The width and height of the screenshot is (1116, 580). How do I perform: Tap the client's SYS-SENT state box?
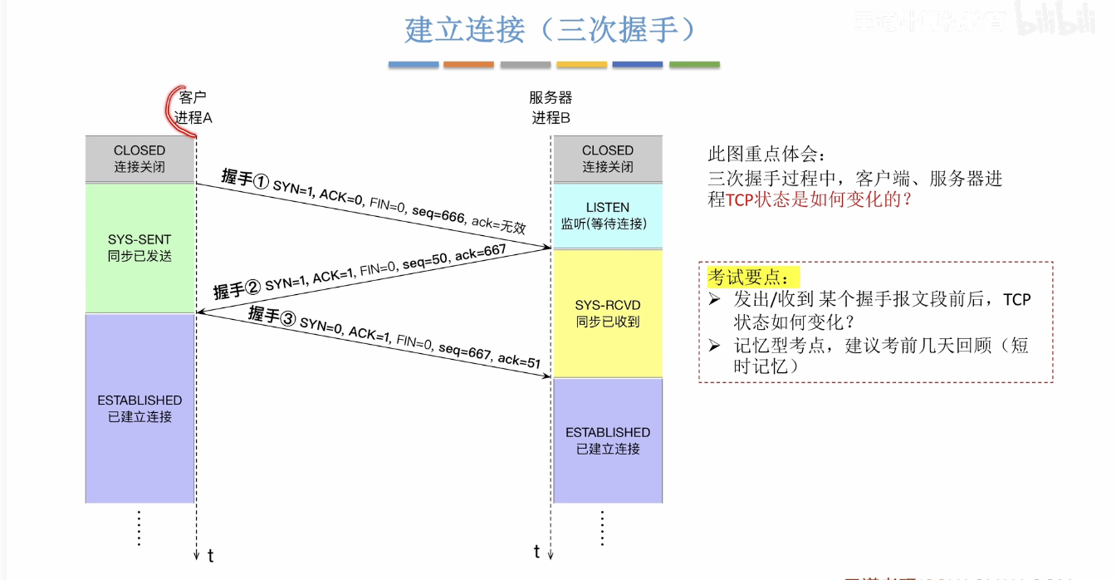pos(139,248)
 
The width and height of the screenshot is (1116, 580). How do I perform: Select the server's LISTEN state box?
pos(607,215)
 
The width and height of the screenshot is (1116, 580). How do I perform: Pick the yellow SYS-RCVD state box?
pos(607,313)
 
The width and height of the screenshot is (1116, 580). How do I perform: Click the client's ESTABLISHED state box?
pos(139,408)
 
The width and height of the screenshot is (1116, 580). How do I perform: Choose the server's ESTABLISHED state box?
pos(607,440)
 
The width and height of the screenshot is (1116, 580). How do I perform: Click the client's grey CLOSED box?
pos(139,158)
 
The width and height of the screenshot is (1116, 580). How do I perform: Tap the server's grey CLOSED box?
pos(607,158)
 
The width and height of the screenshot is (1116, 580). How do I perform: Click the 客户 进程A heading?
pos(193,107)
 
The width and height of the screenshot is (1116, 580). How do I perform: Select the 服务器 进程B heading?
pos(551,107)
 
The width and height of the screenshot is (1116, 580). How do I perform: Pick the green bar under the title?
pos(694,64)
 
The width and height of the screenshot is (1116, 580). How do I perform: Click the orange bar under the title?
pos(468,64)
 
